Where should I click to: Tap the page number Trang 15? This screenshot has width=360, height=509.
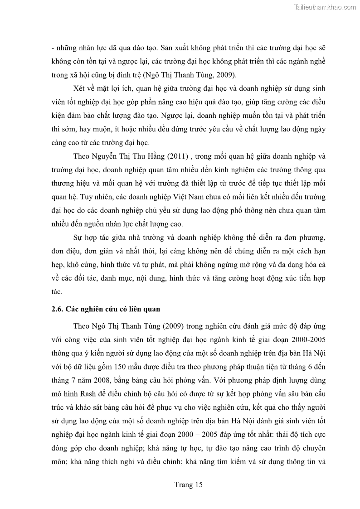188,485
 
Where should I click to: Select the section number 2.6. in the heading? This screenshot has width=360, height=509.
58,310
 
